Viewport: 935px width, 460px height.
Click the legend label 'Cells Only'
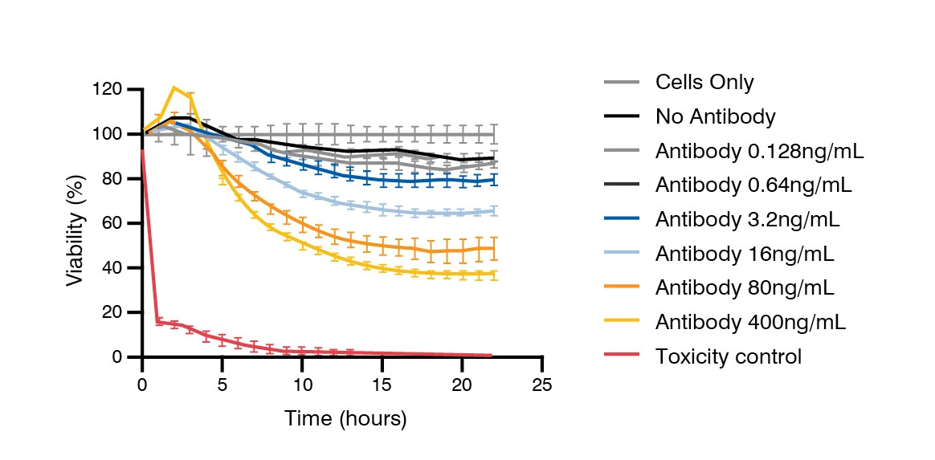(704, 82)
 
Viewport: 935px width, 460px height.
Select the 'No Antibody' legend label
(715, 117)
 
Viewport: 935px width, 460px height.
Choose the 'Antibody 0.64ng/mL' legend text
(753, 185)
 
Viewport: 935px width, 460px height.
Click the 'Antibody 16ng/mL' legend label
(745, 254)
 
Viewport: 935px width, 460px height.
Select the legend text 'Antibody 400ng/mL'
(750, 323)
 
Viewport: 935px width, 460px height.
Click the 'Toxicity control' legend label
(728, 356)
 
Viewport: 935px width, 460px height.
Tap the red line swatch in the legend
(622, 356)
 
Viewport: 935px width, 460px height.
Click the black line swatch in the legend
(622, 116)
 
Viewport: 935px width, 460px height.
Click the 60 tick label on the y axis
(115, 223)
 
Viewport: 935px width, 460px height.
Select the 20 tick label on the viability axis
(115, 312)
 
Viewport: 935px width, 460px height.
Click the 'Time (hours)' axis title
(345, 419)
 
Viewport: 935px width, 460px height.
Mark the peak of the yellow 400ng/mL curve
(174, 88)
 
